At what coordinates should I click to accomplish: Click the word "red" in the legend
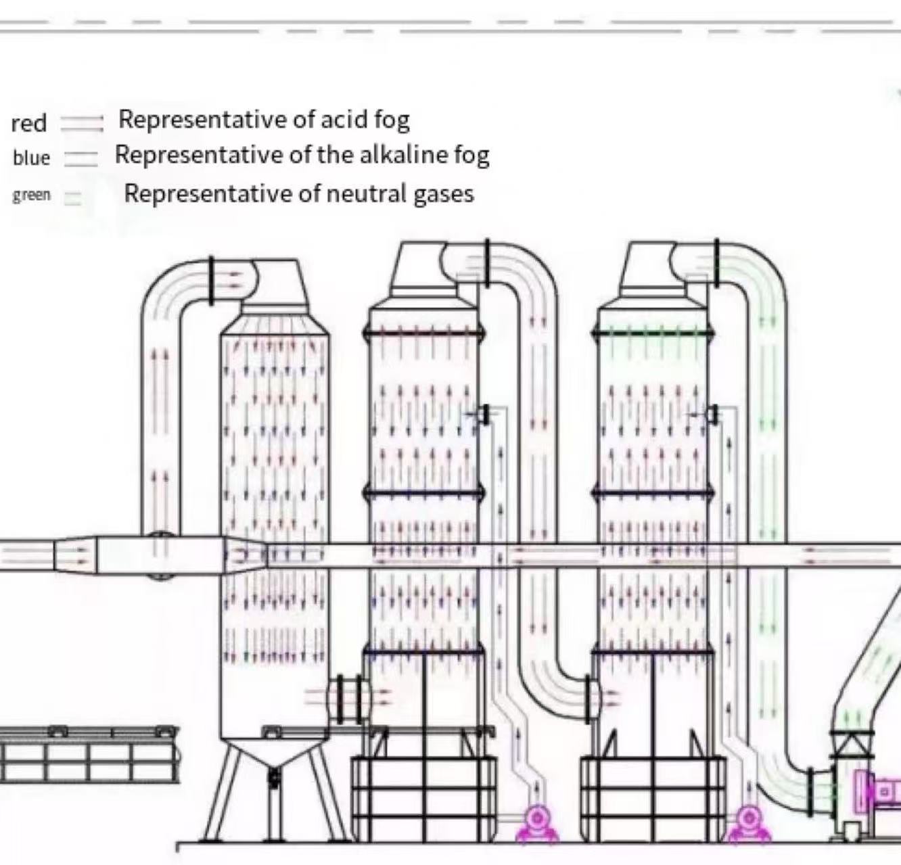tap(28, 124)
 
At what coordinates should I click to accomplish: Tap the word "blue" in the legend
tap(31, 158)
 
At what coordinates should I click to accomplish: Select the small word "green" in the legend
tap(31, 195)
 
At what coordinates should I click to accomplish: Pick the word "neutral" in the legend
tap(367, 194)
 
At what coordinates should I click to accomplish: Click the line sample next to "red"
tap(81, 122)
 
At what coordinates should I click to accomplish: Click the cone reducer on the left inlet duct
tap(74, 555)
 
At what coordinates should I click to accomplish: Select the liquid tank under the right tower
tap(653, 798)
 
